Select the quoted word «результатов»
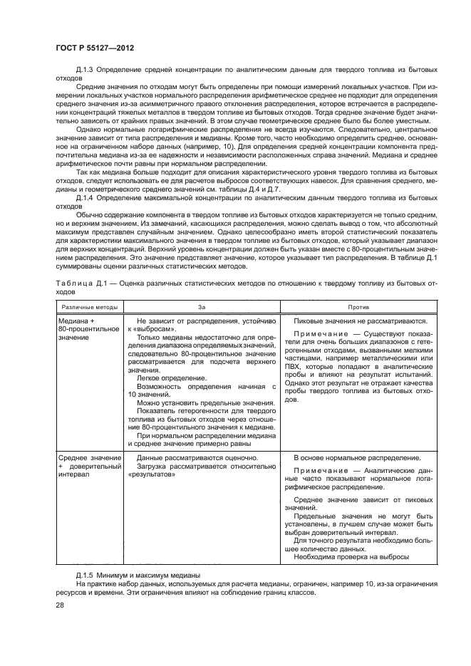point(151,474)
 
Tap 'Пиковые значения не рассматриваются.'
point(361,321)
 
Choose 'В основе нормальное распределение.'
point(357,457)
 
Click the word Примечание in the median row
point(322,333)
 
